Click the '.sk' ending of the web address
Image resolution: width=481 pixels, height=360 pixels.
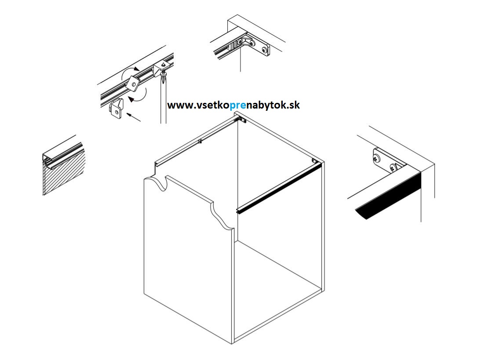(x=293, y=105)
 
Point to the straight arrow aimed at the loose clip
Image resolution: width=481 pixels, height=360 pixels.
(x=134, y=117)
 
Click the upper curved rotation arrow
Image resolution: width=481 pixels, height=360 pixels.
(x=129, y=73)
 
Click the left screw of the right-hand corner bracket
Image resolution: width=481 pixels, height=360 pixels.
(x=377, y=158)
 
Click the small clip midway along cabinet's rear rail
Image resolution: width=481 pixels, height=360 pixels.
(x=200, y=142)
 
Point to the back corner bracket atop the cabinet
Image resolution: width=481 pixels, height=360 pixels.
(x=240, y=119)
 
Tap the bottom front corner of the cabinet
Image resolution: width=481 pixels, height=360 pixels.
(x=232, y=343)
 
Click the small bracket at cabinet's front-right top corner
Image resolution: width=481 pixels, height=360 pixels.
(x=316, y=161)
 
